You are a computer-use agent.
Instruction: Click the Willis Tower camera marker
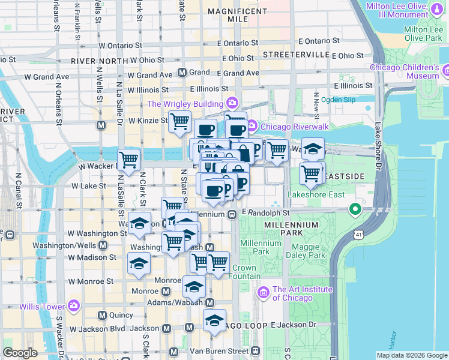coord(74,306)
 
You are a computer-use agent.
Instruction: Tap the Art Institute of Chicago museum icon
coord(263,293)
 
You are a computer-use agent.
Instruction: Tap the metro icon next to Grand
coord(182,73)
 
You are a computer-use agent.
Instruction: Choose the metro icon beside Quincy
coord(101,315)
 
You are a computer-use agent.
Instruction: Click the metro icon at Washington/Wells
coord(103,245)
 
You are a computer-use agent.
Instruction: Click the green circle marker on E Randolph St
coord(355,209)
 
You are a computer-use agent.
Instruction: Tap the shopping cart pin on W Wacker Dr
coord(129,160)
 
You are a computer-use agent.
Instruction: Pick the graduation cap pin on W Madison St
coord(139,263)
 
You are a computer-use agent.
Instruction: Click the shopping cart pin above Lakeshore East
coord(311,174)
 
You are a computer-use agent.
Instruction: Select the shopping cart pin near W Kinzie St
coord(179,122)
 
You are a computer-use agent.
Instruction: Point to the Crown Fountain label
coord(244,272)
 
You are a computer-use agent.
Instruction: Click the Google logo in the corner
coord(20,353)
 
